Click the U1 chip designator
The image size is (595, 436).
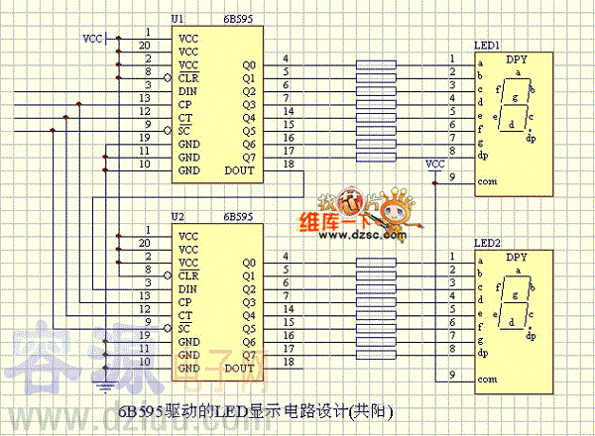(x=178, y=20)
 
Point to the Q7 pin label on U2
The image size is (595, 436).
(x=248, y=354)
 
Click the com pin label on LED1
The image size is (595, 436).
(x=486, y=182)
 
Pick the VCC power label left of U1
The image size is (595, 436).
(x=91, y=39)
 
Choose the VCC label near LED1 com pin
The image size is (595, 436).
(x=434, y=163)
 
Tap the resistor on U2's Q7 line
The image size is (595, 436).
(x=376, y=354)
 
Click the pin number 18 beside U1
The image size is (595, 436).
(x=288, y=163)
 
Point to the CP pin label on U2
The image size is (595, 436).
(x=185, y=301)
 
